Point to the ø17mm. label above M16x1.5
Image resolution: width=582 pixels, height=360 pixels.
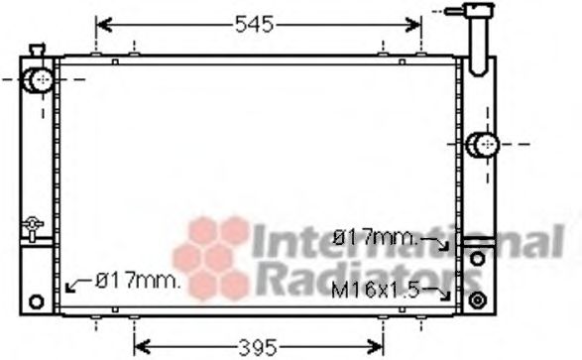coord(376,238)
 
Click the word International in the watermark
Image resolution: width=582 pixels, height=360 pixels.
coord(406,242)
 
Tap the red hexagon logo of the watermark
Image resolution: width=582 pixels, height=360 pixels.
coord(212,256)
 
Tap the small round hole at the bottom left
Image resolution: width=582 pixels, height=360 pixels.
coord(38,301)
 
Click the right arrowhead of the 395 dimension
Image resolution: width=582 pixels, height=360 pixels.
coord(378,346)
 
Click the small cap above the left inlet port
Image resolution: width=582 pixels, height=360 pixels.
coord(38,51)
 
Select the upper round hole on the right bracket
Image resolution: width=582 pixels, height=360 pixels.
coord(477,258)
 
